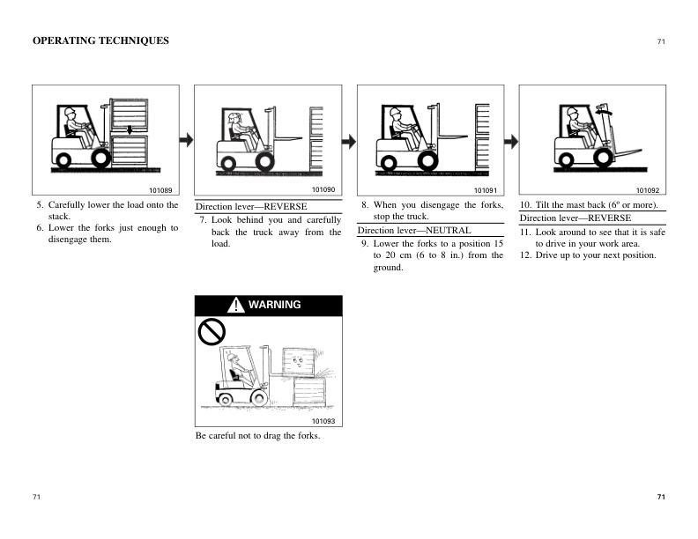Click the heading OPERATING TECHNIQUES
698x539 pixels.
pos(100,41)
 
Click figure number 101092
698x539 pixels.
pos(648,190)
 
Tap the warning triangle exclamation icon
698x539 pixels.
pos(236,306)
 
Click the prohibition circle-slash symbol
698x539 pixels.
pos(211,332)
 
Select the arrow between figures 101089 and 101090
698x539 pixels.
pos(186,140)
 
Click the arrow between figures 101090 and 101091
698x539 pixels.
pos(349,141)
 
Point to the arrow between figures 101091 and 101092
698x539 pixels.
pos(511,141)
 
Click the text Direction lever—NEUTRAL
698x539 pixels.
pos(413,230)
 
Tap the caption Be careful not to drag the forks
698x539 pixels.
pos(257,436)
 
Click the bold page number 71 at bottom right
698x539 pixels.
pos(661,498)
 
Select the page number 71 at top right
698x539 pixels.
pos(661,41)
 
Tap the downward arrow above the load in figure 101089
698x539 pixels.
pos(129,131)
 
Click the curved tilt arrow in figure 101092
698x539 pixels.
pos(604,112)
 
